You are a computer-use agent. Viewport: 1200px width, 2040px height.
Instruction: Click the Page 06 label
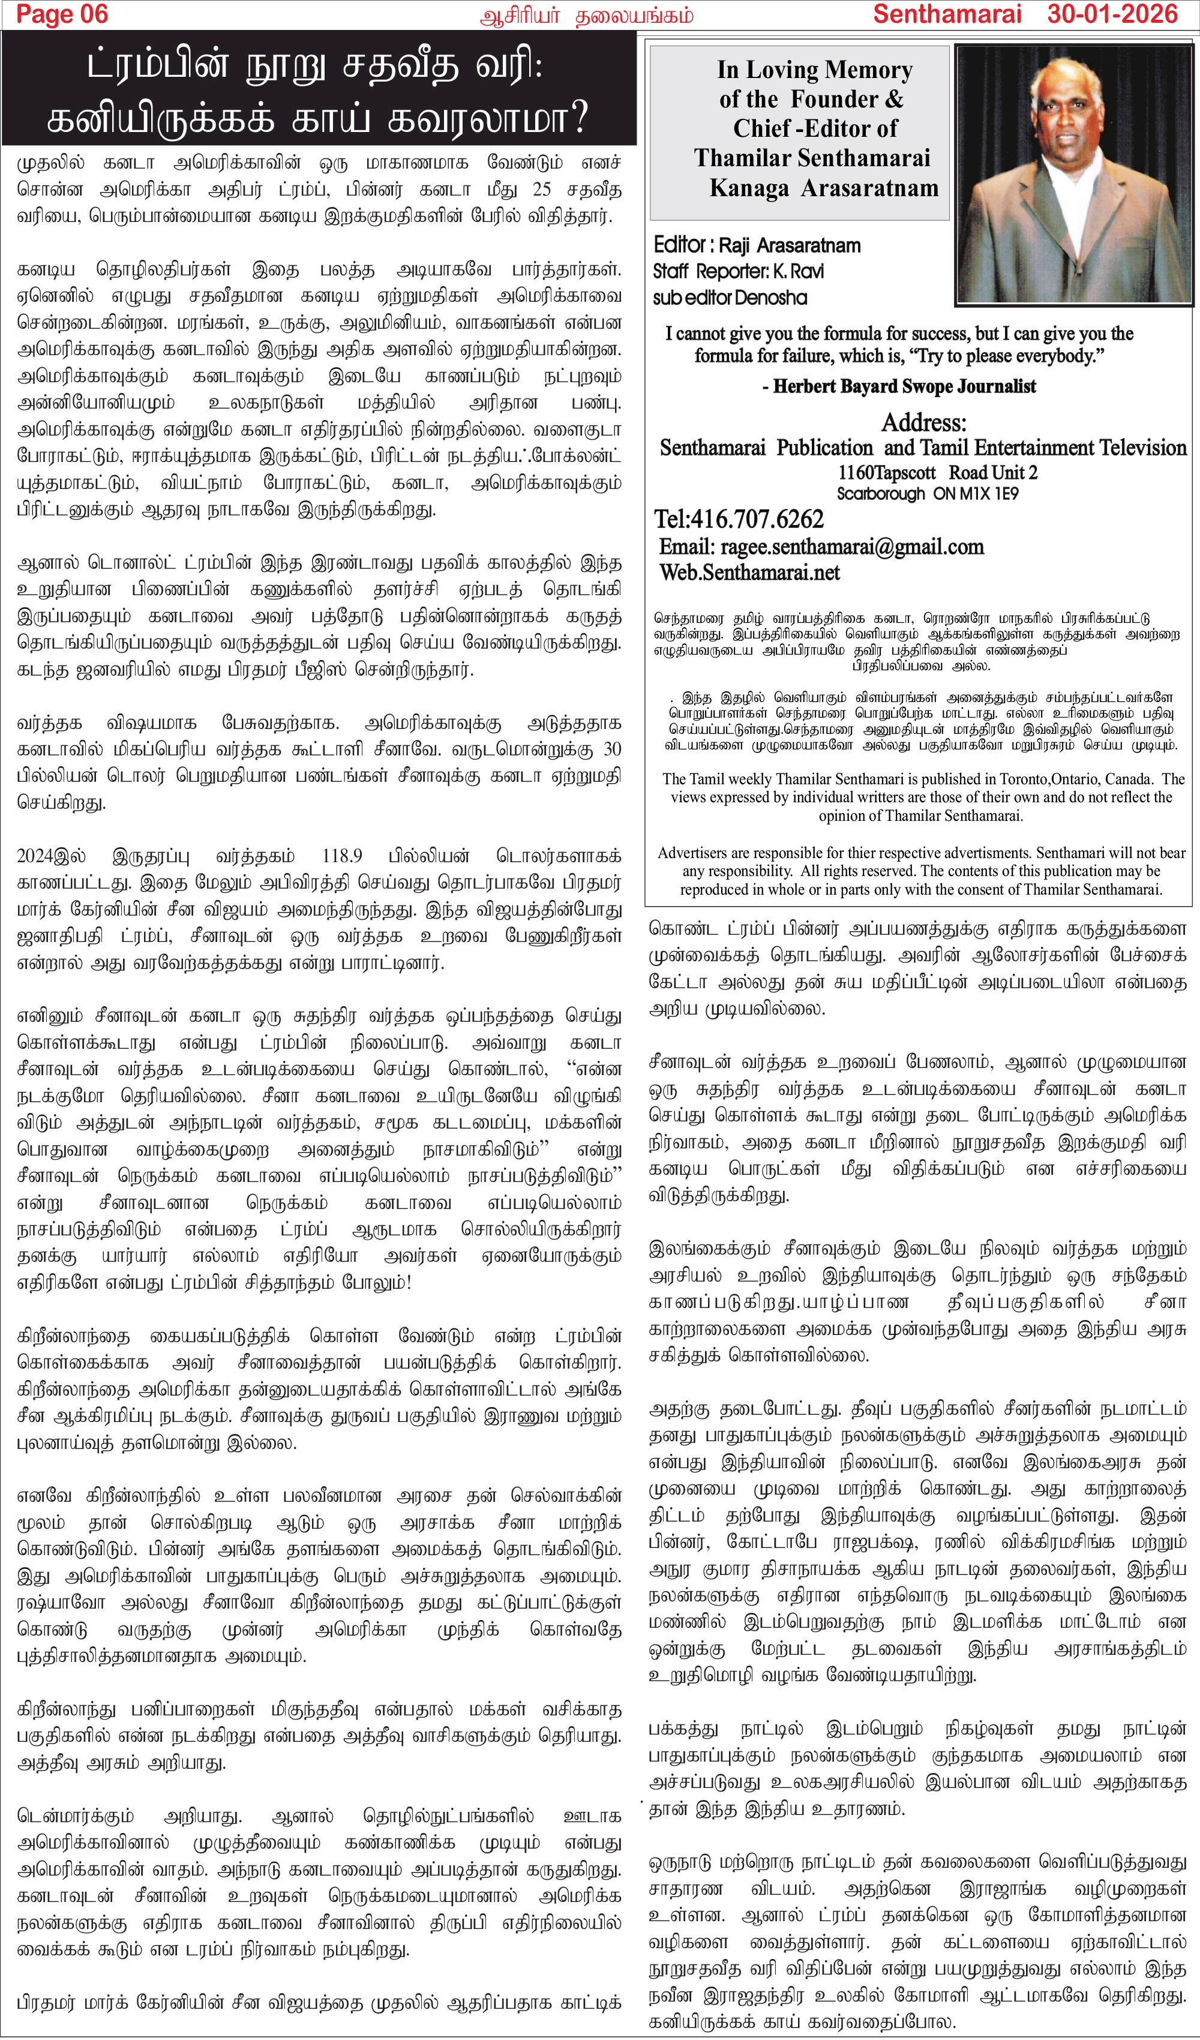(62, 14)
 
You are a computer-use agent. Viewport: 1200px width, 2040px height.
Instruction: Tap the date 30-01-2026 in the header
(1112, 14)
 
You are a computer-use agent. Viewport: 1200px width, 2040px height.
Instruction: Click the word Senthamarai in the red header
(947, 14)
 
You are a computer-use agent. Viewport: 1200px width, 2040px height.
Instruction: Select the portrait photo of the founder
(1073, 174)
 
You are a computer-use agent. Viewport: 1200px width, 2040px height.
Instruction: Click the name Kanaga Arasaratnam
(823, 188)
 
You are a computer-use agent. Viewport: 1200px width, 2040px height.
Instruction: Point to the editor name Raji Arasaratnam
(790, 245)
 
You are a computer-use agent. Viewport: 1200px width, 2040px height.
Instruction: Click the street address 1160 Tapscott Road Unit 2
(937, 473)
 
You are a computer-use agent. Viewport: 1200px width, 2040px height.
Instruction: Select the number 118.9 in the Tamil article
(342, 856)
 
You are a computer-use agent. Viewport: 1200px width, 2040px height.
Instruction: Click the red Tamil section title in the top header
(586, 16)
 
